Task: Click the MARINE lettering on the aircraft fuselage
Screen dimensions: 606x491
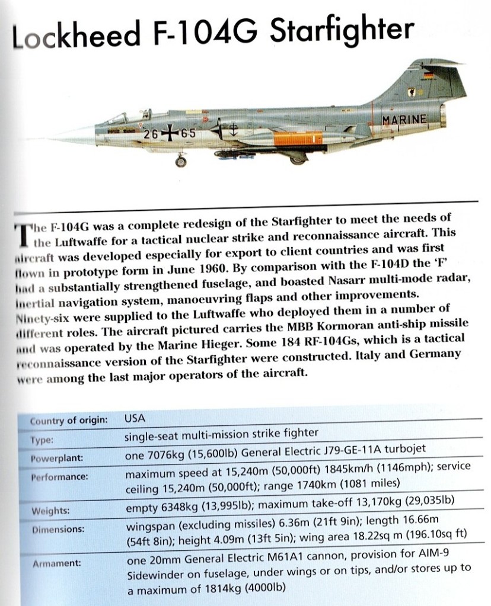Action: coord(404,119)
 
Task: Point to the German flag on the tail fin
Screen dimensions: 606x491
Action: coord(428,75)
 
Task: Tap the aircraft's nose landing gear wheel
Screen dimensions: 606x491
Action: coord(180,161)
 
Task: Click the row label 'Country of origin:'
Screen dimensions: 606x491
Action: coord(69,420)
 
